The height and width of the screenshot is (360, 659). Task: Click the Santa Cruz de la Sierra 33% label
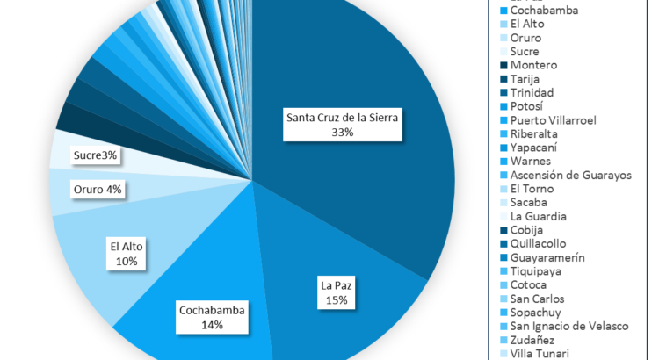pyautogui.click(x=342, y=125)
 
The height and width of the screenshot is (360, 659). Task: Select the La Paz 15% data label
pyautogui.click(x=335, y=292)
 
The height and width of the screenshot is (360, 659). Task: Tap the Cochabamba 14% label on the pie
pyautogui.click(x=212, y=316)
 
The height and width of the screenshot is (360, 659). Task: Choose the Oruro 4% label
pyautogui.click(x=98, y=189)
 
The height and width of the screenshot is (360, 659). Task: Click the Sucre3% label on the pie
pyautogui.click(x=96, y=155)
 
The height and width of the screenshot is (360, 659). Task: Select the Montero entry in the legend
pyautogui.click(x=533, y=65)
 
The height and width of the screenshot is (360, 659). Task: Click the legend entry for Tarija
pyautogui.click(x=526, y=79)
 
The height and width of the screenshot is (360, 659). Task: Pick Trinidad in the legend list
pyautogui.click(x=531, y=92)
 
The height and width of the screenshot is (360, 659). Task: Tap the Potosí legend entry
pyautogui.click(x=527, y=106)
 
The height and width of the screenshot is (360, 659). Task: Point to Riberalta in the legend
pyautogui.click(x=534, y=133)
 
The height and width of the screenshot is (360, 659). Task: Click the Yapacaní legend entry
pyautogui.click(x=535, y=148)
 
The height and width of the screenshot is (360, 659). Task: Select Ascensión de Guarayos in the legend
pyautogui.click(x=570, y=175)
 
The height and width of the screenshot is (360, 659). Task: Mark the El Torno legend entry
pyautogui.click(x=532, y=189)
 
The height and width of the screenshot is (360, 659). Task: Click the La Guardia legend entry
pyautogui.click(x=538, y=216)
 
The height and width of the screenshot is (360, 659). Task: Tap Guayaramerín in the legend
pyautogui.click(x=547, y=257)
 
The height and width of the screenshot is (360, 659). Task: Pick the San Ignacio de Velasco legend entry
pyautogui.click(x=568, y=326)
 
